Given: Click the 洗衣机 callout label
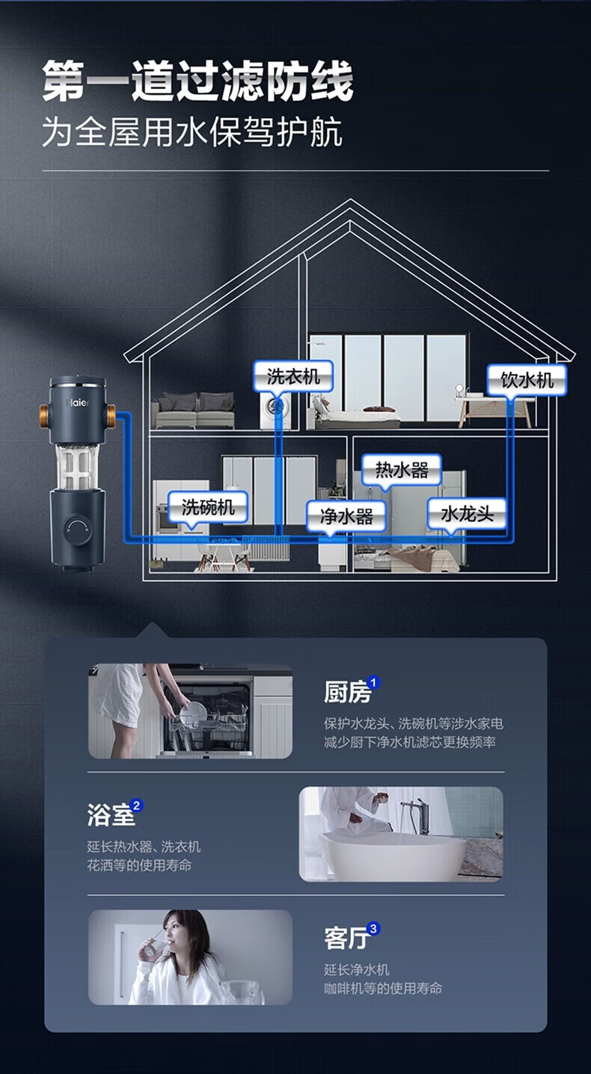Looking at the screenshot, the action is point(293,377).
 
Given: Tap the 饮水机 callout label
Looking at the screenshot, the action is point(527,381).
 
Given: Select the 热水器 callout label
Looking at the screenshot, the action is point(402,470).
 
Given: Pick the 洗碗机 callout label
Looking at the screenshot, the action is point(208,507).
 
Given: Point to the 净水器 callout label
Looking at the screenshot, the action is point(346,516).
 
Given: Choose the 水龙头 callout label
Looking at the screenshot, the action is point(467,515).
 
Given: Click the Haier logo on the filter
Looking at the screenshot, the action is point(77,402).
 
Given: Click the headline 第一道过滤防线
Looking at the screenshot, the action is point(197,81).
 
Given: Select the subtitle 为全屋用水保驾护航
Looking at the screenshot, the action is point(192,132).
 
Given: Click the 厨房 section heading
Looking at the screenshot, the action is point(347,693).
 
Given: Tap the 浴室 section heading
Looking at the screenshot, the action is point(111,815).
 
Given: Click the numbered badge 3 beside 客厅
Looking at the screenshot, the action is point(373,929).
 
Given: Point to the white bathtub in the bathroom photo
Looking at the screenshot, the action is point(394,856).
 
